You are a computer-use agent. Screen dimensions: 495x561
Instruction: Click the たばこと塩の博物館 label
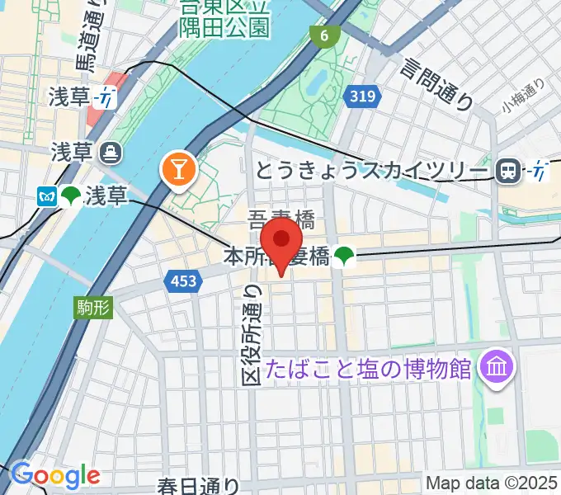pos(368,365)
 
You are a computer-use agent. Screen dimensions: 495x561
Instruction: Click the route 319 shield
pos(362,97)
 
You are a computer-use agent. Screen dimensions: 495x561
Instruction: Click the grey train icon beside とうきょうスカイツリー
pos(509,171)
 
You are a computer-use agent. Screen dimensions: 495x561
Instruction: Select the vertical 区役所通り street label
pos(252,333)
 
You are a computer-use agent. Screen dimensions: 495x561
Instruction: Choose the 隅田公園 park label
pos(224,27)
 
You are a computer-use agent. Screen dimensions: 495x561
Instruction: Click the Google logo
pos(56,475)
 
